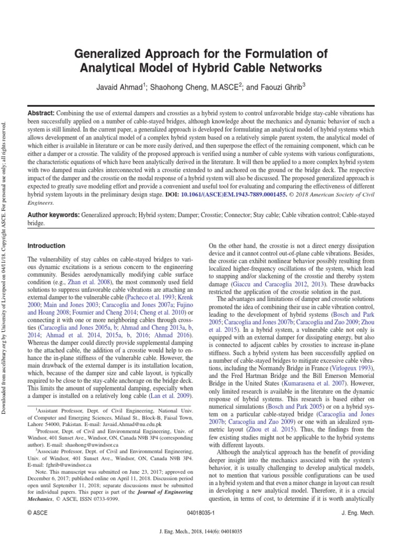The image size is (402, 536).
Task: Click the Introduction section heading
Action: pos(47,245)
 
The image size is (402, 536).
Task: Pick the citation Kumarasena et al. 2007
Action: pos(325,382)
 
